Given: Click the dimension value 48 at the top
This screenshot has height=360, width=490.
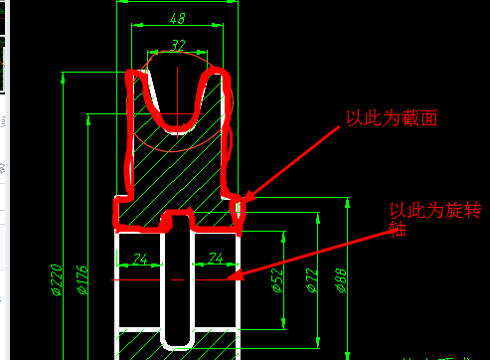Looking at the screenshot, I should (178, 18).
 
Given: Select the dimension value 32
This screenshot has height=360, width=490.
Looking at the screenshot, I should (178, 45).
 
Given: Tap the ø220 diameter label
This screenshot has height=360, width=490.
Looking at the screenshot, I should (56, 280).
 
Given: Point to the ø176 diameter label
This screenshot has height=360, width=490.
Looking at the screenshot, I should (82, 280).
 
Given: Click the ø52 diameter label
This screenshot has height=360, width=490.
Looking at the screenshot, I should (277, 283).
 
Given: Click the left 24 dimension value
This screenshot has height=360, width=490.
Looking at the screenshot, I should (139, 260).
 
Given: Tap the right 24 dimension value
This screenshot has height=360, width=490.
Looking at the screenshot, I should (215, 260).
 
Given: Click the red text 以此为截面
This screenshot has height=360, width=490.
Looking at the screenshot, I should (392, 118).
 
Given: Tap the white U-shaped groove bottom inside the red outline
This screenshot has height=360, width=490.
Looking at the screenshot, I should (178, 128).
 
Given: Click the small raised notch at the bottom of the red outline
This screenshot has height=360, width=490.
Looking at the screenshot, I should (179, 213).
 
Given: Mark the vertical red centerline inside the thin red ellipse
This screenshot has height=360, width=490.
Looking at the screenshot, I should (177, 90).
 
